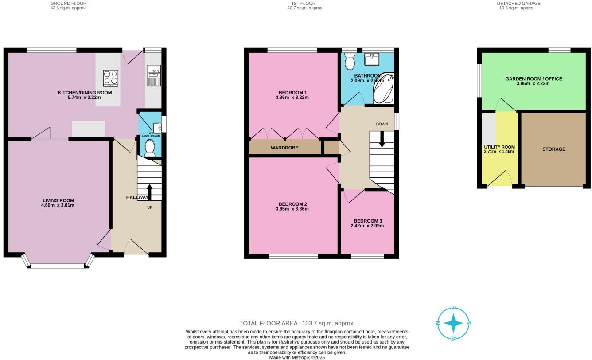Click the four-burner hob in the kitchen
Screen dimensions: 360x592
click(x=110, y=78)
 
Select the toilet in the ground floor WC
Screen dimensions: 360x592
click(x=150, y=148)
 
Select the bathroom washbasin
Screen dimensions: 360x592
click(x=371, y=59)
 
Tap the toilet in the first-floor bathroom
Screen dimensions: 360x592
click(x=350, y=62)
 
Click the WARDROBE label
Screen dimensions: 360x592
click(x=284, y=148)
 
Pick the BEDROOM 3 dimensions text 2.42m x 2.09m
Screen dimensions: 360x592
click(x=367, y=226)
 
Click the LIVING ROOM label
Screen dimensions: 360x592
click(x=58, y=200)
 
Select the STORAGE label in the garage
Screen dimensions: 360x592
click(x=553, y=149)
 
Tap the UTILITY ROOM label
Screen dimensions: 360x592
click(x=499, y=147)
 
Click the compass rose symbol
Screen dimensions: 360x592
click(x=454, y=323)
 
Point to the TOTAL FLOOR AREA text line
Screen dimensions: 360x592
click(x=297, y=323)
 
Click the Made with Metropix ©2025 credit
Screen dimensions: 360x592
click(x=297, y=357)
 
